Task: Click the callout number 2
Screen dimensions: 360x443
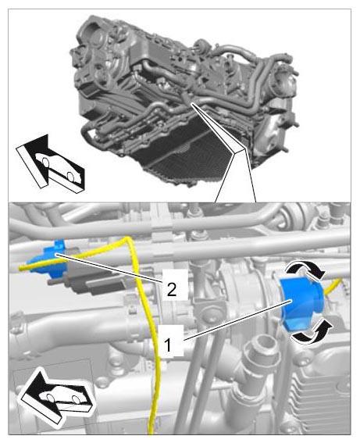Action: [x=172, y=289]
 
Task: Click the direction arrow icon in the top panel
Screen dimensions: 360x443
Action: [x=50, y=164]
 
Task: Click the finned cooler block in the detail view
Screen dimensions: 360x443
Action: [x=322, y=395]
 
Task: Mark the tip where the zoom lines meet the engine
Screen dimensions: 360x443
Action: [x=192, y=104]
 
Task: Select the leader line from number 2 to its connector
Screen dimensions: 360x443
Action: [x=109, y=268]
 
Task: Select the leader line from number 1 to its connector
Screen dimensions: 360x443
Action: [x=237, y=320]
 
